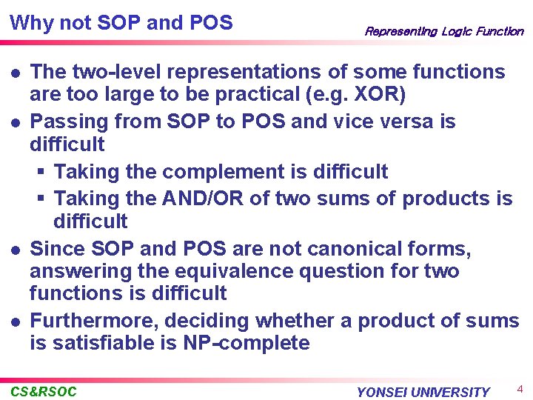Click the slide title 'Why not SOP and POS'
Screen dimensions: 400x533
click(121, 23)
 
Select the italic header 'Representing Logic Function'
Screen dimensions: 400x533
click(443, 32)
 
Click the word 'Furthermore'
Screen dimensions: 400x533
click(94, 321)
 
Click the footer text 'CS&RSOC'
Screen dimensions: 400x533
click(44, 391)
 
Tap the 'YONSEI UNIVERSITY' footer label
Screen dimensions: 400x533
click(423, 392)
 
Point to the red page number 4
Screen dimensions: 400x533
click(520, 389)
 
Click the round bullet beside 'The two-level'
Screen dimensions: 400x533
click(16, 73)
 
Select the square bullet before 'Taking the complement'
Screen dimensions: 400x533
click(42, 173)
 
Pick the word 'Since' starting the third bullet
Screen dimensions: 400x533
click(56, 248)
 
